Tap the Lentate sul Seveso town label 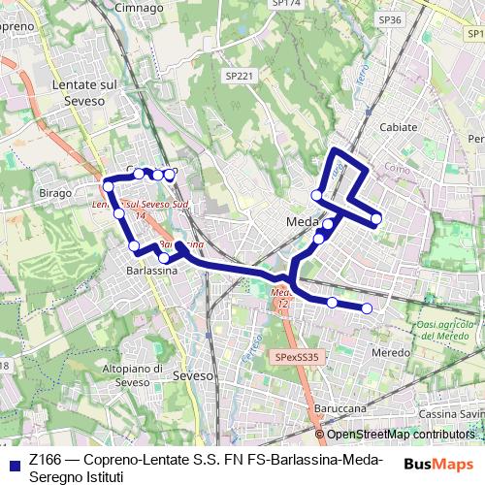pos(82,93)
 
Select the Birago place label pos(55,193)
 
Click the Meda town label pos(303,222)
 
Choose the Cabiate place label pos(399,127)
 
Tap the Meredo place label pos(391,352)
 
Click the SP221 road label pos(239,76)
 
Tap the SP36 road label pos(390,19)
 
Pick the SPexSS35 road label pos(297,357)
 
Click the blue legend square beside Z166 pos(14,461)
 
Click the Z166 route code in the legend pos(45,460)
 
